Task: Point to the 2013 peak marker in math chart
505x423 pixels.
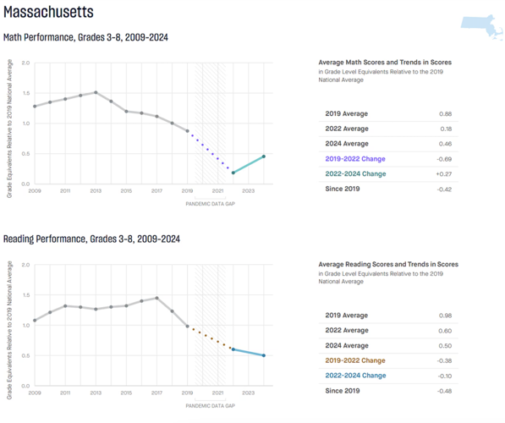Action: point(96,92)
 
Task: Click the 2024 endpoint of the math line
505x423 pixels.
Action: point(264,157)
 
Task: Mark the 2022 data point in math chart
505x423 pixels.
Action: point(233,173)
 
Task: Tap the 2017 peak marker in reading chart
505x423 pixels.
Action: point(156,298)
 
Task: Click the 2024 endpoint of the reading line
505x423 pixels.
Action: point(264,355)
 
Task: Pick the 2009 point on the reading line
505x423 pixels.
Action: point(35,321)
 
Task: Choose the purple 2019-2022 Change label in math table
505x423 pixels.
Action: point(355,158)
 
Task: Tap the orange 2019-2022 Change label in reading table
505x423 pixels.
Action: point(355,360)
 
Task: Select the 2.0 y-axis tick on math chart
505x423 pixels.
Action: point(25,63)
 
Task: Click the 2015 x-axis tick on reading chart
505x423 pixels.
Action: point(126,393)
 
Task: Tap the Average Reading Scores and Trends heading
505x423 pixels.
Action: point(387,264)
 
